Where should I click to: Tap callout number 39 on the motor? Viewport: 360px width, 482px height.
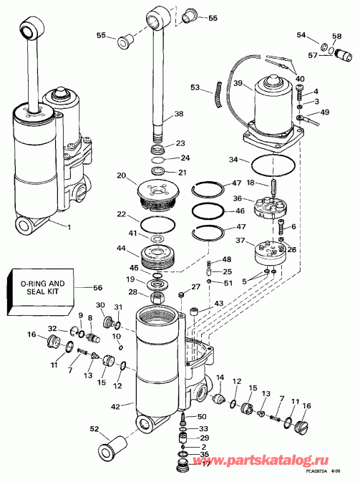[x=238, y=82]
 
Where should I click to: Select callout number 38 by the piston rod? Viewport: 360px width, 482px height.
[x=179, y=114]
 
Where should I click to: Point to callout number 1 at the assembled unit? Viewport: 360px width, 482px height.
[x=69, y=227]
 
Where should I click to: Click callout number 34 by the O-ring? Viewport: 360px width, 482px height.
[x=233, y=160]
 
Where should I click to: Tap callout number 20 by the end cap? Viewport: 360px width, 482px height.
[x=121, y=175]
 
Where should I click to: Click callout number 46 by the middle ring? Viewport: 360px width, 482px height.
[x=240, y=211]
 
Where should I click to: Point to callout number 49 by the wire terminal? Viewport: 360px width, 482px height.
[x=326, y=112]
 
